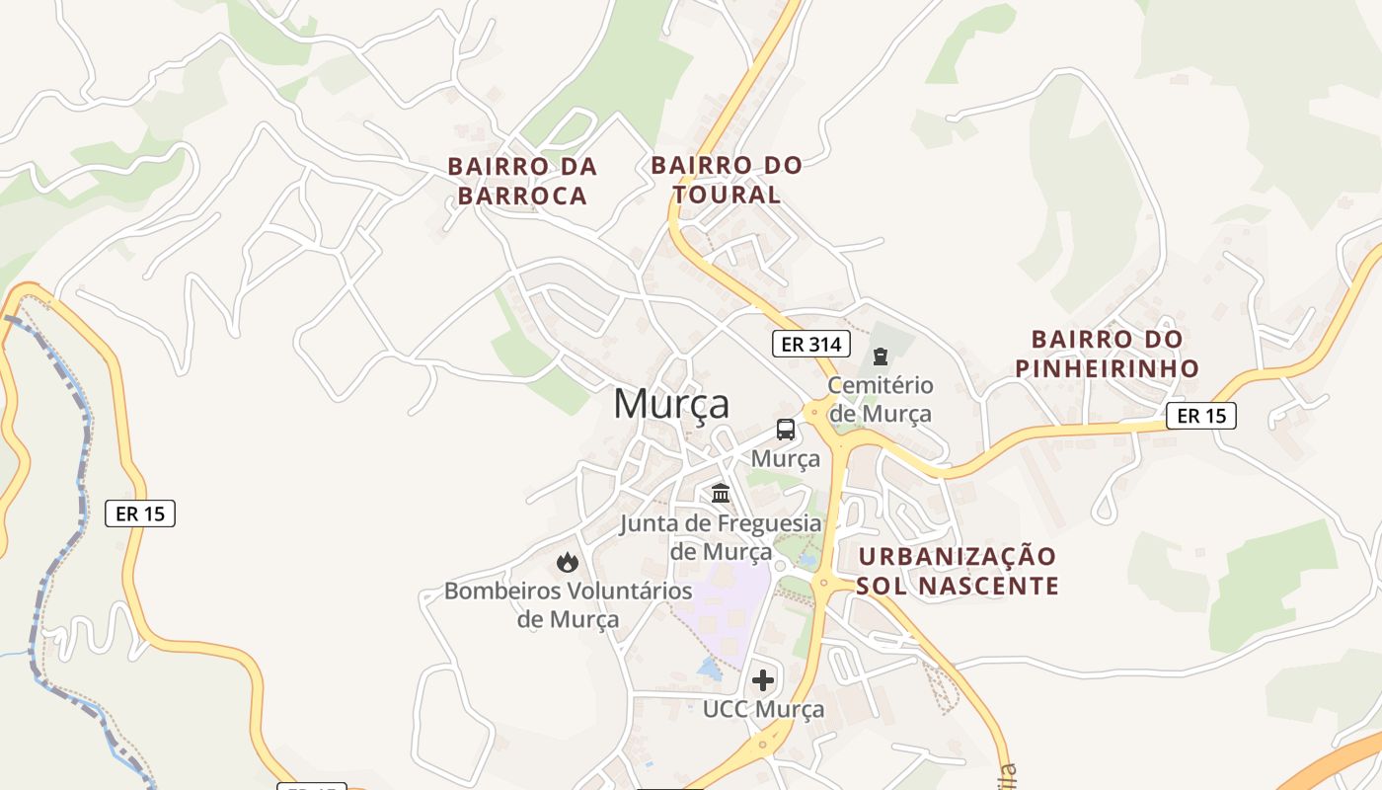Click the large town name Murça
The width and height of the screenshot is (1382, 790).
point(671,404)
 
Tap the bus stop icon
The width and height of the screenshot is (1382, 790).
point(786,430)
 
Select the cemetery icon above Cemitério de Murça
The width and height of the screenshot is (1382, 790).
point(881,355)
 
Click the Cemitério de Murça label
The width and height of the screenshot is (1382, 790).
point(881,399)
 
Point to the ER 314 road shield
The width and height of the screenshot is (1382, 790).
point(810,344)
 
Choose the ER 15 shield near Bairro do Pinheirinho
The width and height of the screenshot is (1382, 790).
point(1201,416)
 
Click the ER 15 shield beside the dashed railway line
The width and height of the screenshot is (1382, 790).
point(140,513)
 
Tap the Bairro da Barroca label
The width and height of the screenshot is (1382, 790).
point(522,181)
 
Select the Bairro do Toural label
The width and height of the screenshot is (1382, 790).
point(727,179)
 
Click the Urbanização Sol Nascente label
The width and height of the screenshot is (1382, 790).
point(957,571)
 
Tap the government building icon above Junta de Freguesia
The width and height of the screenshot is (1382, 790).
point(721,493)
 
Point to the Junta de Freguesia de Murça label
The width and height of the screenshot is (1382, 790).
point(721,536)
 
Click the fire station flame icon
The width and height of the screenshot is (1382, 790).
point(567,562)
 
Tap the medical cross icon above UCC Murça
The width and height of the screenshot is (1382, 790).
point(763,680)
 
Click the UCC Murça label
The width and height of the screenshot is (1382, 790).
point(763,709)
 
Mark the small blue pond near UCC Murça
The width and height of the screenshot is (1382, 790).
point(709,669)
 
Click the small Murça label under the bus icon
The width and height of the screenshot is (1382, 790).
point(786,459)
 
